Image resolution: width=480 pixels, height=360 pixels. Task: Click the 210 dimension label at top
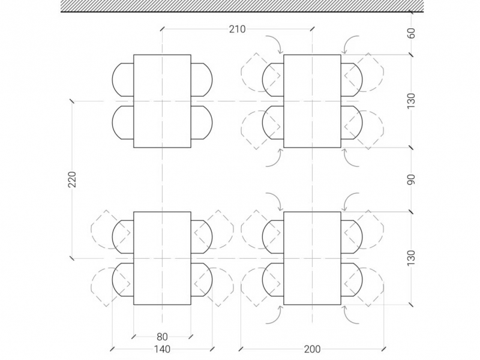point(237,29)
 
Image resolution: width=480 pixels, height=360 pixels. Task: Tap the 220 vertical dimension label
point(72,179)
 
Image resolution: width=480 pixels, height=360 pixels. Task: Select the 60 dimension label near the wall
point(412,33)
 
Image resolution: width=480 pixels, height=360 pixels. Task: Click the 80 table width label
point(162,337)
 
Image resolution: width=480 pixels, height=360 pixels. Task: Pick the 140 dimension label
point(162,349)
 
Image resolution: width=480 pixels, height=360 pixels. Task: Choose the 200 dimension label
point(312,349)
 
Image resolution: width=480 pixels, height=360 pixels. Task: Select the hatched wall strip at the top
point(242,5)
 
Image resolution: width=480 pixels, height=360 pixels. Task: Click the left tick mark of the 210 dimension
point(162,29)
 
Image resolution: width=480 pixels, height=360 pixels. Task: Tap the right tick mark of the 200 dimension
point(383,349)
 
